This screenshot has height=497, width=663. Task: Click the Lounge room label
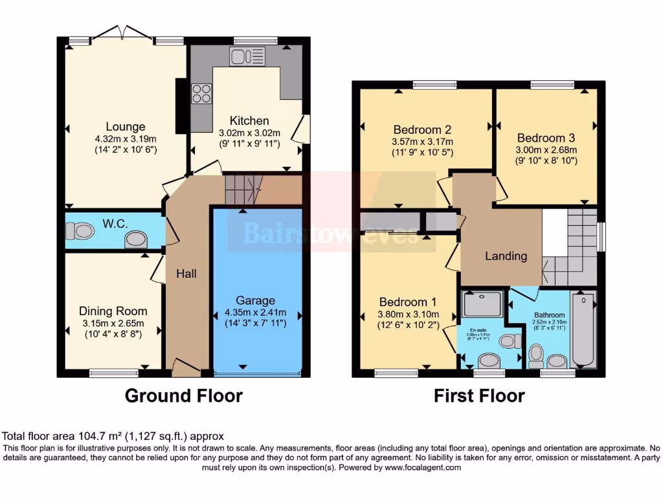click(126, 127)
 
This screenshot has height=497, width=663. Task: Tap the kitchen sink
click(244, 57)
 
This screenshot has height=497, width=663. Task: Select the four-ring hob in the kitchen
click(201, 94)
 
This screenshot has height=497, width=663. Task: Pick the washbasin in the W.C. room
click(135, 240)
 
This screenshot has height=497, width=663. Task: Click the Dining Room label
click(113, 311)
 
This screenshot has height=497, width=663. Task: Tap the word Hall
click(186, 274)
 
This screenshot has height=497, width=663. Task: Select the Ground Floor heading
click(183, 395)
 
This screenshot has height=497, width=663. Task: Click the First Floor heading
click(479, 395)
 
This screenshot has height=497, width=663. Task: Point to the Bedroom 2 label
click(421, 129)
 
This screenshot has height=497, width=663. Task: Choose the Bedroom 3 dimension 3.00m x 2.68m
click(546, 150)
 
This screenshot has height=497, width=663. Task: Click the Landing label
click(506, 256)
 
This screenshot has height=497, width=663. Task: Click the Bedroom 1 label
click(408, 302)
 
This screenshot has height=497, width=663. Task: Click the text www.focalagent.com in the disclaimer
click(423, 467)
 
